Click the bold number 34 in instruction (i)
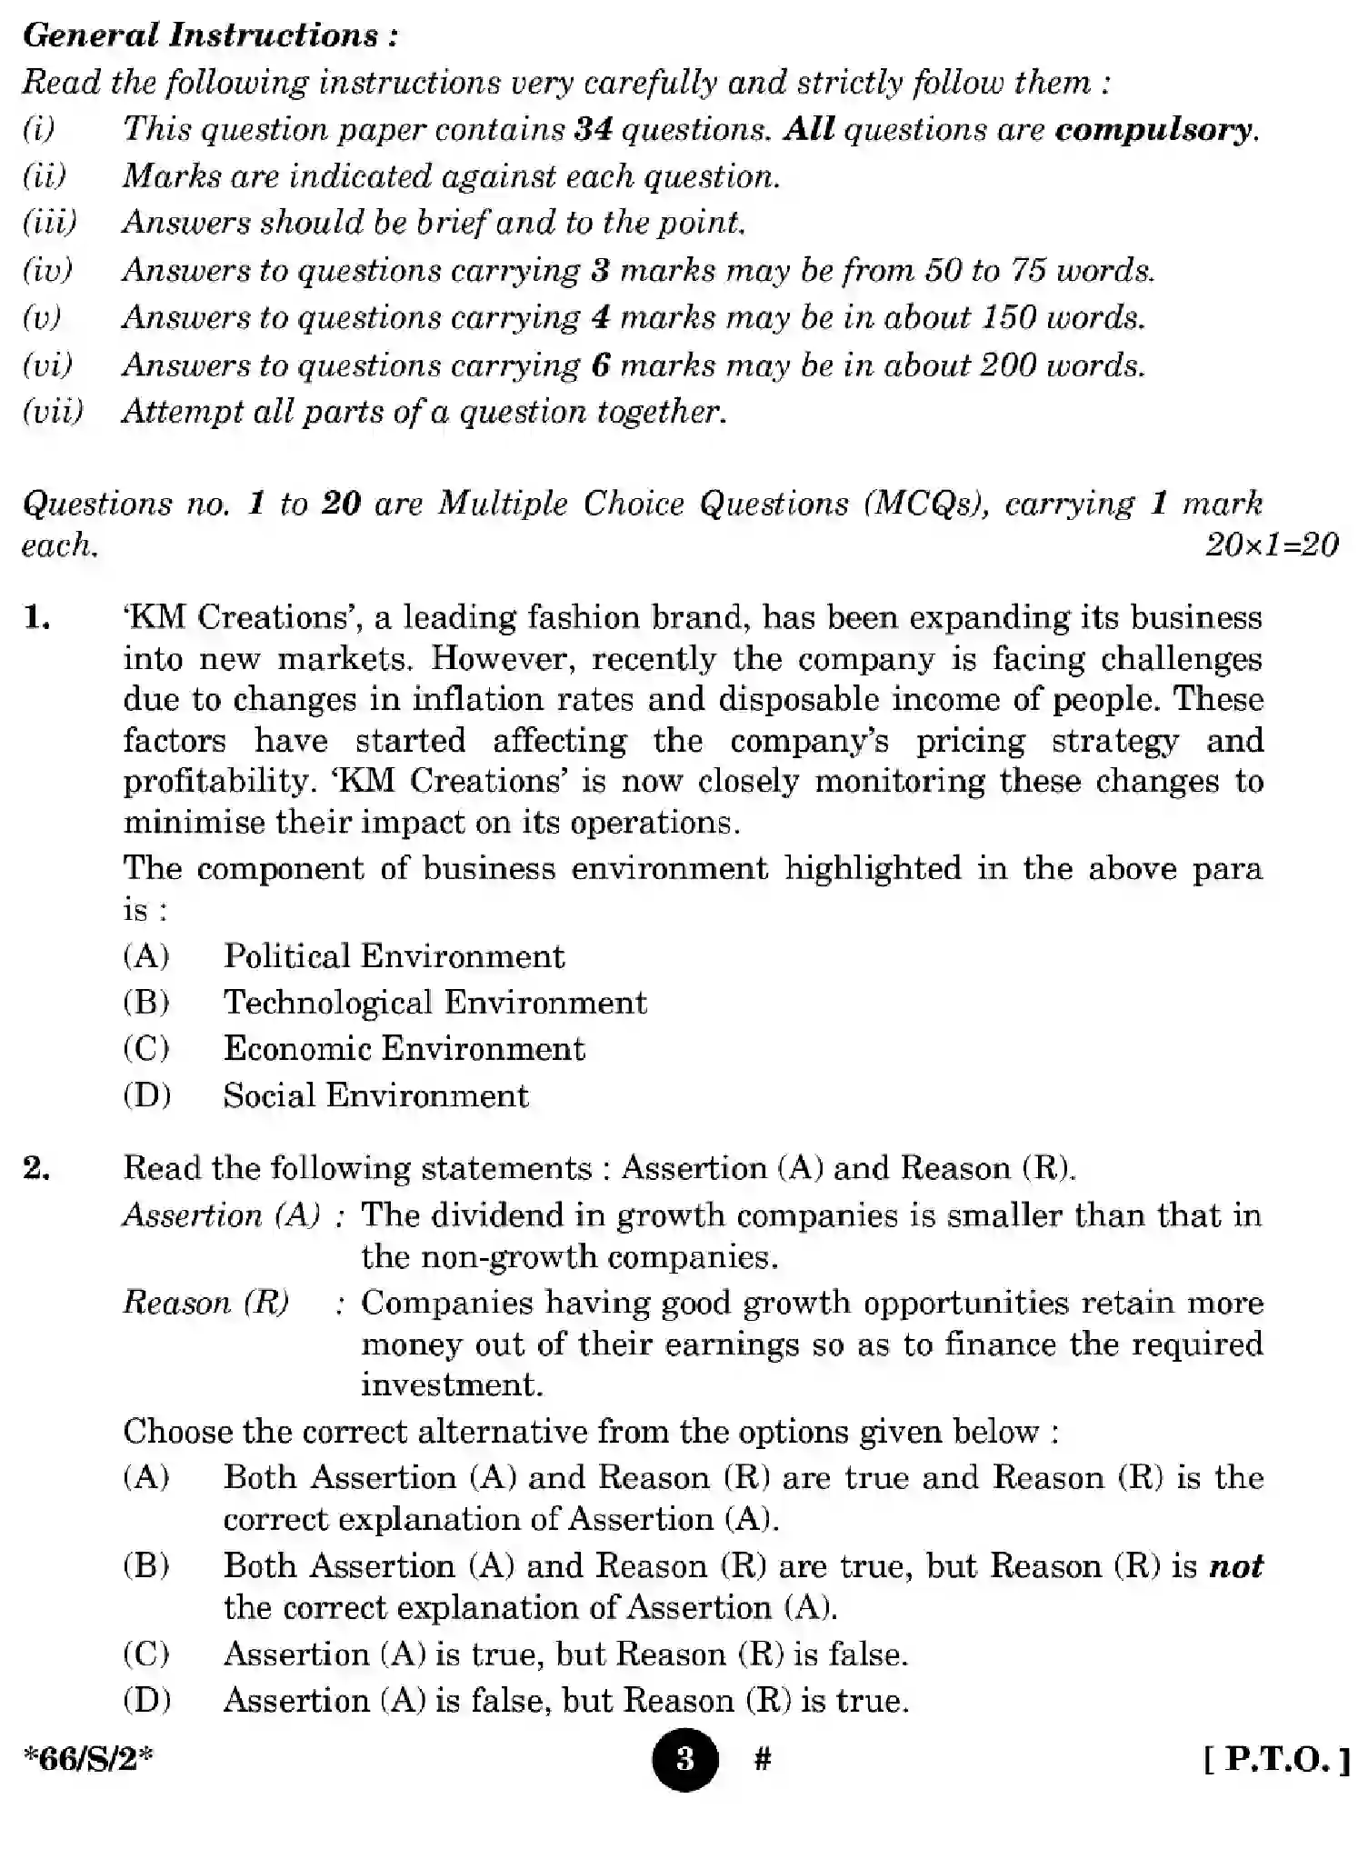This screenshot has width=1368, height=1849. pyautogui.click(x=594, y=129)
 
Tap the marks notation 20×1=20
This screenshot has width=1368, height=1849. pyautogui.click(x=1271, y=545)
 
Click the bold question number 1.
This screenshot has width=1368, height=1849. pyautogui.click(x=37, y=617)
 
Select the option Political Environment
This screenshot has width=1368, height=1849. pyautogui.click(x=394, y=956)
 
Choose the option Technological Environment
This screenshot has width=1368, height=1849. pyautogui.click(x=434, y=1003)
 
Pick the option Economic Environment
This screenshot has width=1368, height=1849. pyautogui.click(x=404, y=1049)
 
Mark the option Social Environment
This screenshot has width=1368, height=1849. pyautogui.click(x=375, y=1095)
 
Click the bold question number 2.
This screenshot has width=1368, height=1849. pyautogui.click(x=37, y=1168)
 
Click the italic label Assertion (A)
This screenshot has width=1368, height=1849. pyautogui.click(x=221, y=1215)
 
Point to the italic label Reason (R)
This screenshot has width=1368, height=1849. pyautogui.click(x=206, y=1303)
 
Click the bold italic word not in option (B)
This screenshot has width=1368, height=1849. pyautogui.click(x=1236, y=1566)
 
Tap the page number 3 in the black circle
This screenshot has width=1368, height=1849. pyautogui.click(x=684, y=1759)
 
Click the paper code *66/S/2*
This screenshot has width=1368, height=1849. pyautogui.click(x=88, y=1759)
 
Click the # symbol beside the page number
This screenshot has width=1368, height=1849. pyautogui.click(x=763, y=1759)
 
